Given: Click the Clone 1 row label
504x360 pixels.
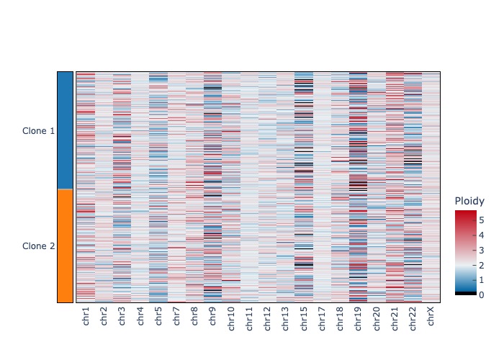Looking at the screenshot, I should click(x=39, y=131).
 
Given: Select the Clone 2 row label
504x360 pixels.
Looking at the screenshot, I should click(x=39, y=246).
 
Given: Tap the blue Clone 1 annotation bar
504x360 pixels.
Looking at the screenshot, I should click(x=65, y=130).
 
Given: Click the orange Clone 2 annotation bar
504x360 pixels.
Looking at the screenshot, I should click(x=65, y=246).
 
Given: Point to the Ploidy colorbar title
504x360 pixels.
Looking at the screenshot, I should click(x=470, y=201).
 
